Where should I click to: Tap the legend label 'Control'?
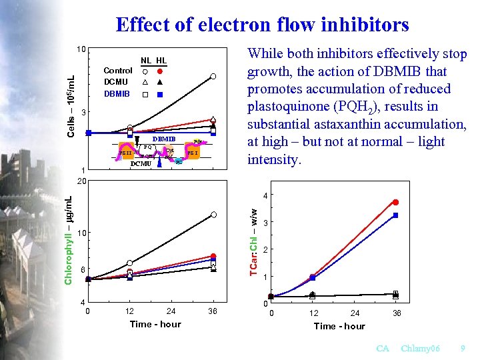(x=118, y=71)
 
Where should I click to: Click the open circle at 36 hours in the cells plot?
(x=213, y=77)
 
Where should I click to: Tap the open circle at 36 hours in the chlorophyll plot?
(x=213, y=215)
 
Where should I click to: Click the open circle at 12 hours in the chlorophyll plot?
(x=130, y=263)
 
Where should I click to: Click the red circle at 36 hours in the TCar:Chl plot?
(x=396, y=202)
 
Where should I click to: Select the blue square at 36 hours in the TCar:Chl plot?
(x=396, y=215)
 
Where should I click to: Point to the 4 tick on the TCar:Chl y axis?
(x=265, y=196)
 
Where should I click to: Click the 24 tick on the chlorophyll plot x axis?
(x=171, y=311)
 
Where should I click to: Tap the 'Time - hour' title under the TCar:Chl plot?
(x=339, y=326)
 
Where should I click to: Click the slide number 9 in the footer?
(x=463, y=349)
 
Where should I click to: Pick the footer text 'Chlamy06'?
(x=421, y=349)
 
